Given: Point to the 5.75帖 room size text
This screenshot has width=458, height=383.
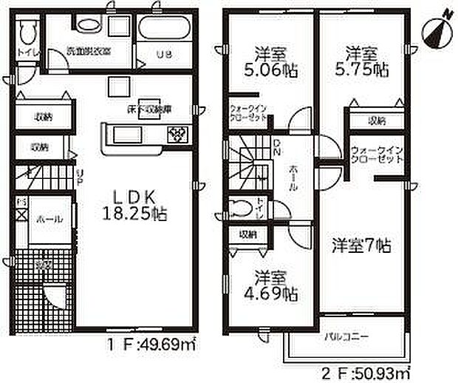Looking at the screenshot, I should pos(364,71).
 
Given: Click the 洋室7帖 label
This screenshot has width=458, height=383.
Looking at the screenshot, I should pos(361,245).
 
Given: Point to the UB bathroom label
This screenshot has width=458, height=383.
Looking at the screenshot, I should pos(162,53).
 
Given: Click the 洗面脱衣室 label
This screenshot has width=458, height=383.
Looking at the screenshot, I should pos(88,52).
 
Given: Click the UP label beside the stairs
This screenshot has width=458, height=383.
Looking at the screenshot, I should pos(79,176).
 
